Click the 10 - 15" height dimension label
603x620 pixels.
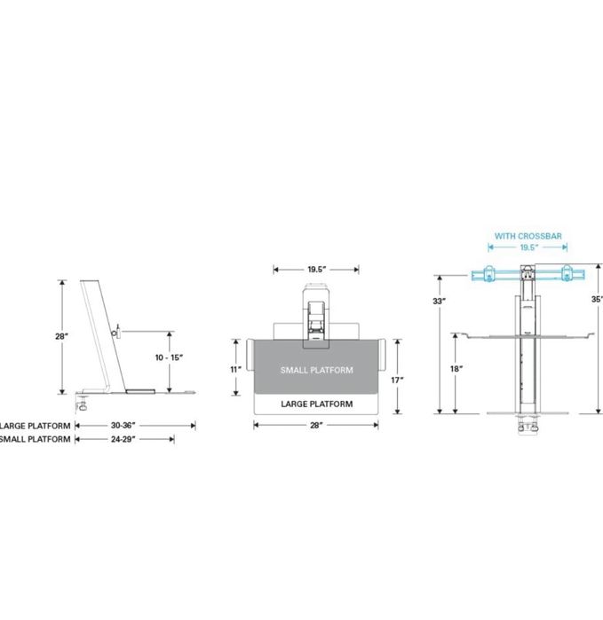169,357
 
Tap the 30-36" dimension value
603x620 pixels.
123,426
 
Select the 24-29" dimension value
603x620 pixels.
123,439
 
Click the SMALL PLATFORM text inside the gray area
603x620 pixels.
317,370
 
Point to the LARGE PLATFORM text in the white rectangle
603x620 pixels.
317,404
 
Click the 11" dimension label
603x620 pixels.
236,369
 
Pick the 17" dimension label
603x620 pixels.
397,380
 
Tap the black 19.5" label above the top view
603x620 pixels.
317,270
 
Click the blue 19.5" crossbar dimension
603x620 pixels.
529,247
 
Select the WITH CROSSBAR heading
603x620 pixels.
528,236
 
